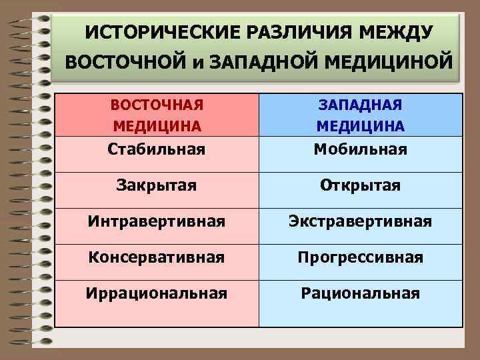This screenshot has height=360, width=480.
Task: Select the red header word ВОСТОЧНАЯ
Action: [157, 106]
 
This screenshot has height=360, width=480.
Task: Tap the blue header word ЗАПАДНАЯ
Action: [360, 106]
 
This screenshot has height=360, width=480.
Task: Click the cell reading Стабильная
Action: [157, 148]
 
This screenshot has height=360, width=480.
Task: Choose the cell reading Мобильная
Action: [360, 148]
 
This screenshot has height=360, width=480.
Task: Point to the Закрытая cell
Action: [157, 184]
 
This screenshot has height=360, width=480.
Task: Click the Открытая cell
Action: [360, 184]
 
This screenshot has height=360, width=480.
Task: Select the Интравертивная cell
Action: [157, 220]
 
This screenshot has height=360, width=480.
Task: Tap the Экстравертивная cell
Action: [360, 220]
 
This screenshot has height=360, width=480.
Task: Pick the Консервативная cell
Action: [157, 256]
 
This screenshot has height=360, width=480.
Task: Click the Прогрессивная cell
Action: [360, 257]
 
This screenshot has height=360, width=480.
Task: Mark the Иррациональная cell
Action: [157, 293]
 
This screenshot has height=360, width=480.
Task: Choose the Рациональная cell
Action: [360, 293]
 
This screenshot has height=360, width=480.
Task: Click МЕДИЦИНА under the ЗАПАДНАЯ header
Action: [360, 126]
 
